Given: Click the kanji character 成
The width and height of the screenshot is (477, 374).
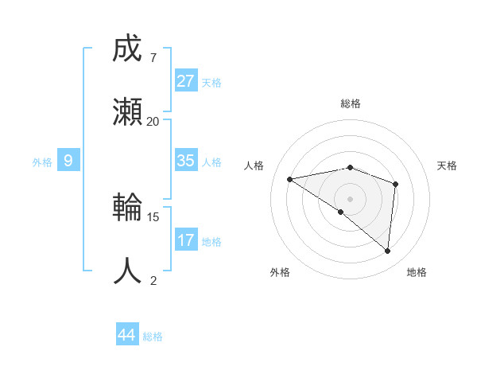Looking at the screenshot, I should coord(128,49).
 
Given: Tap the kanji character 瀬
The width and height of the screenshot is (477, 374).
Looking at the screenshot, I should coord(128,112).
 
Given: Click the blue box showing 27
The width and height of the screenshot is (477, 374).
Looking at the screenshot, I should coord(186,81).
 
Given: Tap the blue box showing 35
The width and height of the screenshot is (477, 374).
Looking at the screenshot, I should coord(186,161).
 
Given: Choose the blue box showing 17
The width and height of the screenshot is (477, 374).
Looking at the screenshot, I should coord(186,240).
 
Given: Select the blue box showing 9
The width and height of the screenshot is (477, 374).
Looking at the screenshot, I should coord(68,161).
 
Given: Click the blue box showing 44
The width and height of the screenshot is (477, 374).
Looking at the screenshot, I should coord(127,335).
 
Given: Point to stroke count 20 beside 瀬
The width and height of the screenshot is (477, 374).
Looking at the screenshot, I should coord(153,122).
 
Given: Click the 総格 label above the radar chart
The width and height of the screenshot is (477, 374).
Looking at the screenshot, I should coord(351,103).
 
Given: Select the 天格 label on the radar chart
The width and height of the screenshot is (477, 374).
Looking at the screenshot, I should coord(448,166).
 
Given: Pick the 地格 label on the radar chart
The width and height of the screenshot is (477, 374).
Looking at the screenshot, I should coord(417,273).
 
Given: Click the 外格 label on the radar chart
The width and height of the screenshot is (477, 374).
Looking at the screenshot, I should coord(280,273).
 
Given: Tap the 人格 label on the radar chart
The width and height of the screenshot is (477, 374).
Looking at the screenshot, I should coord(254,166).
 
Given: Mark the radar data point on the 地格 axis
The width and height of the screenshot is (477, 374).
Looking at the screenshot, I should coord(388,251).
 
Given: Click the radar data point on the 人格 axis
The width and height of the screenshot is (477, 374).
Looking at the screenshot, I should coord(290,179).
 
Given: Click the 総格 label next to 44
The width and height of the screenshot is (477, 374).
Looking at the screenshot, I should coord(153,337).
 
